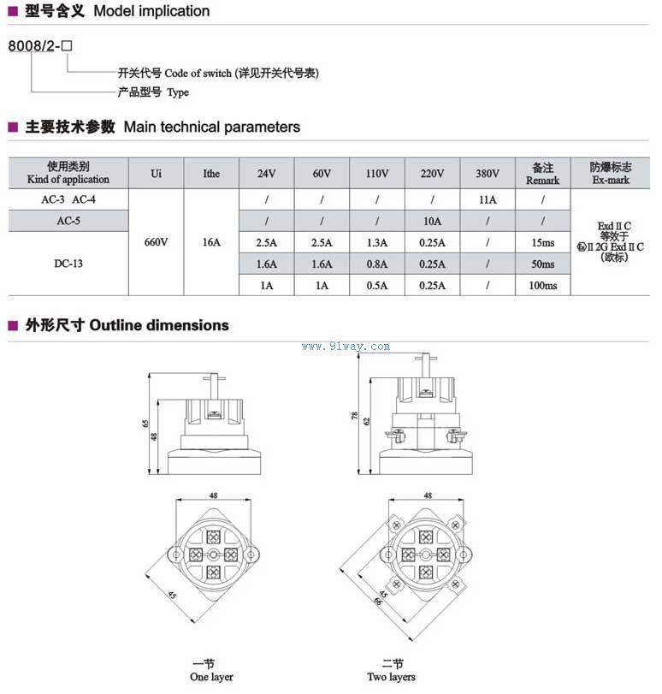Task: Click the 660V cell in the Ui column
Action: (157, 243)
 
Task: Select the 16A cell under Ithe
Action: (211, 243)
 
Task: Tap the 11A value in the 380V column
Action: (487, 199)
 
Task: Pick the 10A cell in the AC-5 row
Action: (432, 221)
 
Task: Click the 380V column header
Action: (487, 174)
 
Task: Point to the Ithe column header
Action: (211, 174)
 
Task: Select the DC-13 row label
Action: (68, 264)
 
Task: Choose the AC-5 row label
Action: (68, 221)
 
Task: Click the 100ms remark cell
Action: (542, 286)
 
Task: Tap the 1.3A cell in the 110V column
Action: (376, 243)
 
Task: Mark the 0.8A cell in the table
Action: (376, 264)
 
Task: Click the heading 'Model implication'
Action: (151, 11)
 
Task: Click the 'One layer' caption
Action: (210, 677)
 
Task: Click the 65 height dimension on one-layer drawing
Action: (145, 423)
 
